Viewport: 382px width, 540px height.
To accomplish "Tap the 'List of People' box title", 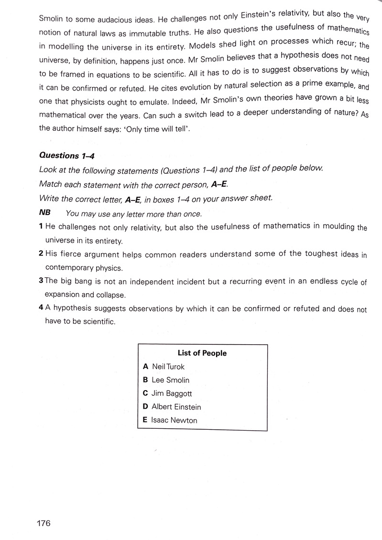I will click(x=202, y=353).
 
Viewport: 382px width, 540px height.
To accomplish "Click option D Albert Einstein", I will click(x=172, y=407).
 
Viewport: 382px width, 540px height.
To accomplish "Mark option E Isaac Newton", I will click(x=170, y=420).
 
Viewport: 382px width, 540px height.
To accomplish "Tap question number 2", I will click(x=41, y=254).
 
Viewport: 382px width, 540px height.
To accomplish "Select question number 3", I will click(x=41, y=281).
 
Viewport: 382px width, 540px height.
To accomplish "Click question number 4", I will click(x=42, y=308).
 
